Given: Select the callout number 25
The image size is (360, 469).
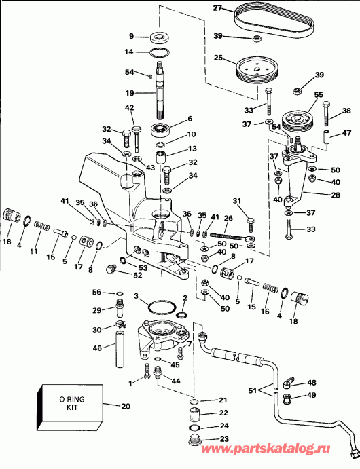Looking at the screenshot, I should (x=218, y=59).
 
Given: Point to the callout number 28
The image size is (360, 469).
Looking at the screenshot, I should (x=317, y=195).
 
